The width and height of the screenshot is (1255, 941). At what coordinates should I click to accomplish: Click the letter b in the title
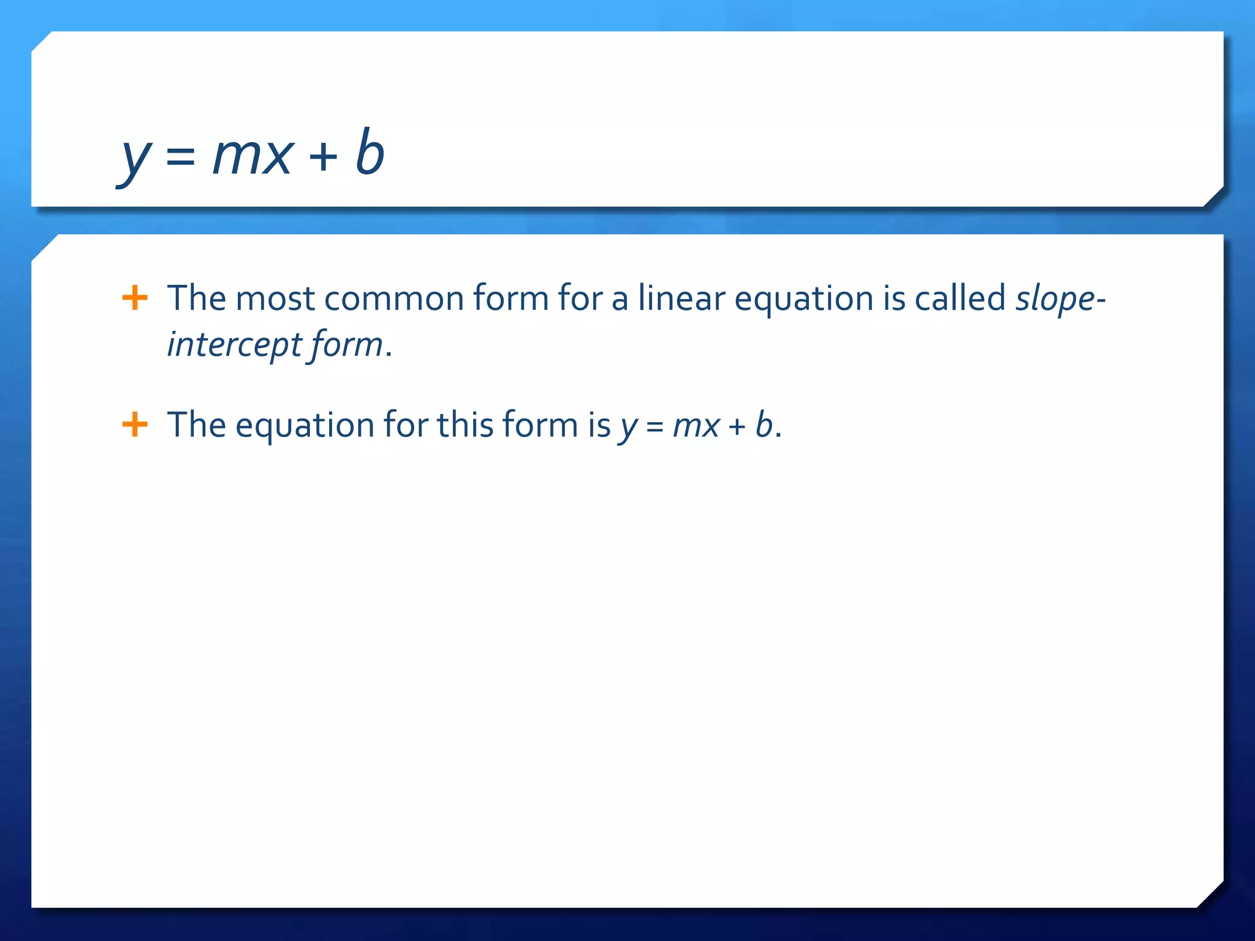click(x=370, y=151)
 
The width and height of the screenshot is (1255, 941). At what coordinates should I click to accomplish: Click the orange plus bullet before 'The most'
click(x=135, y=298)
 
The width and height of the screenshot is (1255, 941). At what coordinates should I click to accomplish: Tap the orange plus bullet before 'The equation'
click(x=135, y=425)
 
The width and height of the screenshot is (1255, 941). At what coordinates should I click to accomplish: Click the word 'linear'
click(x=681, y=298)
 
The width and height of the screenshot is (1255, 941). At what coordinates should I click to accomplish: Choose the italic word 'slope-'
click(x=1060, y=299)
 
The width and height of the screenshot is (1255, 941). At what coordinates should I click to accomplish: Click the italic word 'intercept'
click(x=235, y=344)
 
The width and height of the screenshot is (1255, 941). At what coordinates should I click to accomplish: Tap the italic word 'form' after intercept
click(x=346, y=344)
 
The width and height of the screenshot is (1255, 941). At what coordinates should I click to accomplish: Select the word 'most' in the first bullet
click(x=275, y=299)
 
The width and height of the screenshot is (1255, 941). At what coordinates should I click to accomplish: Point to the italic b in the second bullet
click(x=764, y=424)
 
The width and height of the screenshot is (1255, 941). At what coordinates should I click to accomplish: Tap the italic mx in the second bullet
click(x=696, y=426)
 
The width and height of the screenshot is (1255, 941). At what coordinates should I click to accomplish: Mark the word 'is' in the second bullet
click(x=599, y=424)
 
